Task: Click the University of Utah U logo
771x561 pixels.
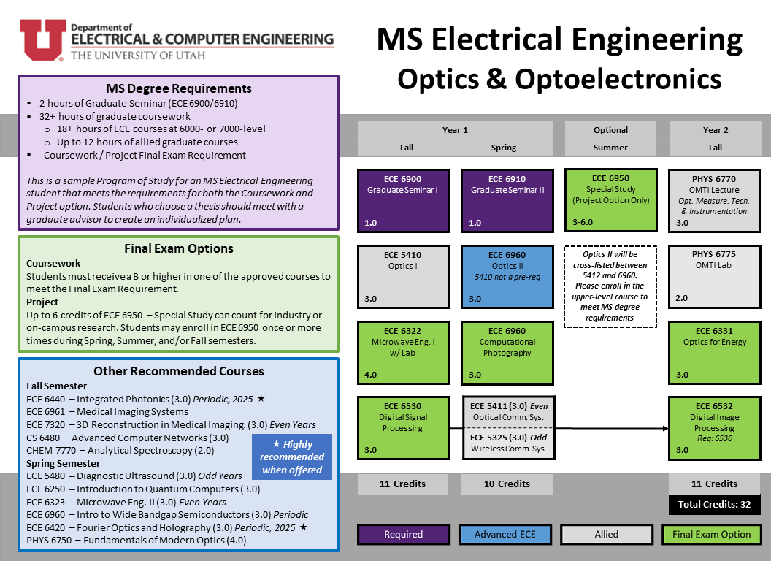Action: pyautogui.click(x=42, y=39)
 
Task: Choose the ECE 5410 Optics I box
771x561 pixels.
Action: pyautogui.click(x=403, y=277)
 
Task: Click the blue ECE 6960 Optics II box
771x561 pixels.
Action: pyautogui.click(x=507, y=277)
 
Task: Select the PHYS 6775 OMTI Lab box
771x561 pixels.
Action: pyautogui.click(x=714, y=277)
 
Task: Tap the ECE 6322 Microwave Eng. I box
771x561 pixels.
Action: pyautogui.click(x=403, y=353)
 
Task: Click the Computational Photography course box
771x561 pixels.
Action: pyautogui.click(x=507, y=353)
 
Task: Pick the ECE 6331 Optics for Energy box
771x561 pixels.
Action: pyautogui.click(x=714, y=353)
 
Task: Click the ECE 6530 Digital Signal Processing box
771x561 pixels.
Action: pyautogui.click(x=403, y=428)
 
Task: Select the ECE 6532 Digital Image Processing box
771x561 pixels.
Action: pyautogui.click(x=714, y=428)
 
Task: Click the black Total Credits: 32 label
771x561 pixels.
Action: pyautogui.click(x=714, y=504)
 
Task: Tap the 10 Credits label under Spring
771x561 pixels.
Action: pyautogui.click(x=507, y=484)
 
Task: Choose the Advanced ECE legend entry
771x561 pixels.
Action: pyautogui.click(x=505, y=535)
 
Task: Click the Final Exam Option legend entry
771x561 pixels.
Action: pyautogui.click(x=711, y=535)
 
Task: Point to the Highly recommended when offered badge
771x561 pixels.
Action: pyautogui.click(x=292, y=457)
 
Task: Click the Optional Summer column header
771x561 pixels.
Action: pyautogui.click(x=610, y=138)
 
